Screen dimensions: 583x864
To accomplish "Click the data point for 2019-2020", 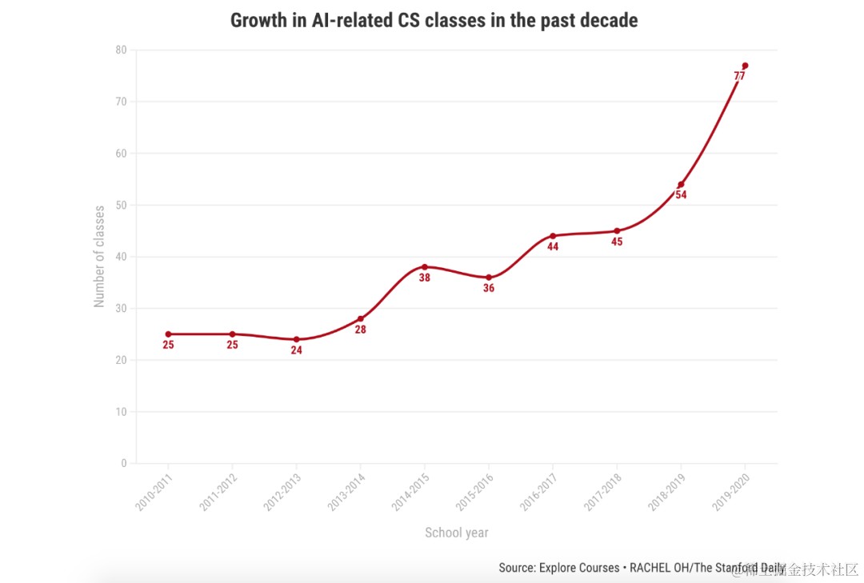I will [745, 66].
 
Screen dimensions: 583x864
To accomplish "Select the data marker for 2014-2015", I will [425, 267].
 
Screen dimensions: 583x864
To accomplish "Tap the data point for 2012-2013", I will [296, 339].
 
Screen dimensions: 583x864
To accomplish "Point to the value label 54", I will [681, 195].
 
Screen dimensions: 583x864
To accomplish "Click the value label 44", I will [553, 246].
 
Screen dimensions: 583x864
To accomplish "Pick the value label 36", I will [489, 288].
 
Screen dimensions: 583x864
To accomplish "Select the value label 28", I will [360, 329].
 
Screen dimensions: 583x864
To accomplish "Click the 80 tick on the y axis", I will [121, 50].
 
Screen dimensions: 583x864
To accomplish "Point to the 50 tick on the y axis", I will [121, 205].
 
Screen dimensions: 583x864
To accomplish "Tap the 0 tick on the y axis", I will [124, 463].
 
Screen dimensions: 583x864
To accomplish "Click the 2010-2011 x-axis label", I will [154, 493].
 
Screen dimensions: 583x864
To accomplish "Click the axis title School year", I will [456, 533].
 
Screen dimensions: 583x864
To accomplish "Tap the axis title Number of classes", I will [100, 257].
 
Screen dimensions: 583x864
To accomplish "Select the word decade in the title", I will [610, 20].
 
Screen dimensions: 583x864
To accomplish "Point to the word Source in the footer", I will [517, 568].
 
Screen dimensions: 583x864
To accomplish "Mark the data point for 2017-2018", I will [617, 231].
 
